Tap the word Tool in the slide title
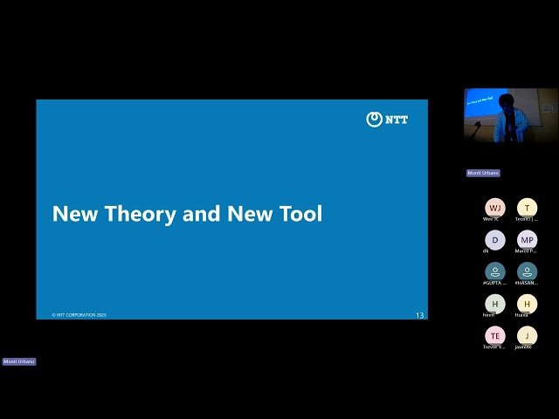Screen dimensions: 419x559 pos(300,214)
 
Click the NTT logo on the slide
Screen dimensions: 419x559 pos(387,120)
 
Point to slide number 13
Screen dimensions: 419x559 pos(419,315)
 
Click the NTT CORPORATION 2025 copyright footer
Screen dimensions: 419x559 pos(79,315)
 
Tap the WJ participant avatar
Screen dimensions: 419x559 pos(494,208)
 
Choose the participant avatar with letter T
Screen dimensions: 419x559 pos(527,208)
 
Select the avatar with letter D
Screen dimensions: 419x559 pos(494,239)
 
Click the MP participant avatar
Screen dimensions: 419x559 pos(527,239)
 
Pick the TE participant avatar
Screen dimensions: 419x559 pos(494,335)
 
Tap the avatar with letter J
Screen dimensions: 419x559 pos(527,335)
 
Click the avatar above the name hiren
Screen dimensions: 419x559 pos(494,303)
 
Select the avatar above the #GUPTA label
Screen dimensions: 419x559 pos(494,271)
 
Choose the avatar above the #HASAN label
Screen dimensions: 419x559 pos(527,271)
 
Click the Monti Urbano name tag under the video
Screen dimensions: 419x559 pos(483,173)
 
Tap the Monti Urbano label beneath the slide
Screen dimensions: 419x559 pos(19,361)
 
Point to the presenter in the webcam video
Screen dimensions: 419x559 pos(509,118)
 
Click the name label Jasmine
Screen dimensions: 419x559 pos(524,347)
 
